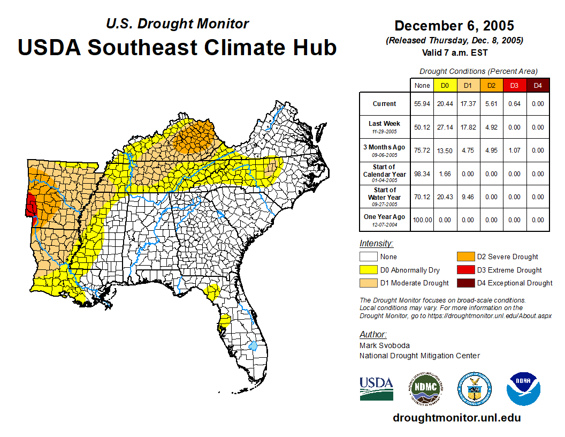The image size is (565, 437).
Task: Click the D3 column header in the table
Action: [515, 85]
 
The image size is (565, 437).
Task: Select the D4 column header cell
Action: [538, 85]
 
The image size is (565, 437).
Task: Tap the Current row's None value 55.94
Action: [422, 104]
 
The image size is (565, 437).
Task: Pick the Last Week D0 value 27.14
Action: [445, 127]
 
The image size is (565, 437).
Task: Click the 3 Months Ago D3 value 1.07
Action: [515, 150]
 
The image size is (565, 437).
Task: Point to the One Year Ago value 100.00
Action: [422, 220]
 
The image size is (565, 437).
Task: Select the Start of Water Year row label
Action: [385, 197]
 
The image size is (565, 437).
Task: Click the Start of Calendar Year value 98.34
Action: [422, 174]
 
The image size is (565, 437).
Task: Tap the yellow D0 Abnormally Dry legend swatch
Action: [369, 270]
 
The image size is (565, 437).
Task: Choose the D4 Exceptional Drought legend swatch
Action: [465, 283]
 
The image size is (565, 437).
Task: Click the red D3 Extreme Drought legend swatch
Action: [465, 270]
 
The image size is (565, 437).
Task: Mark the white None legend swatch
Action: [369, 257]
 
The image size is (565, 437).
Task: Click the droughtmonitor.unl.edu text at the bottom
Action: [456, 418]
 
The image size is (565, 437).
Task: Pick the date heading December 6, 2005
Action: [454, 26]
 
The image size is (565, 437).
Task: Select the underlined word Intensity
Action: [376, 244]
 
